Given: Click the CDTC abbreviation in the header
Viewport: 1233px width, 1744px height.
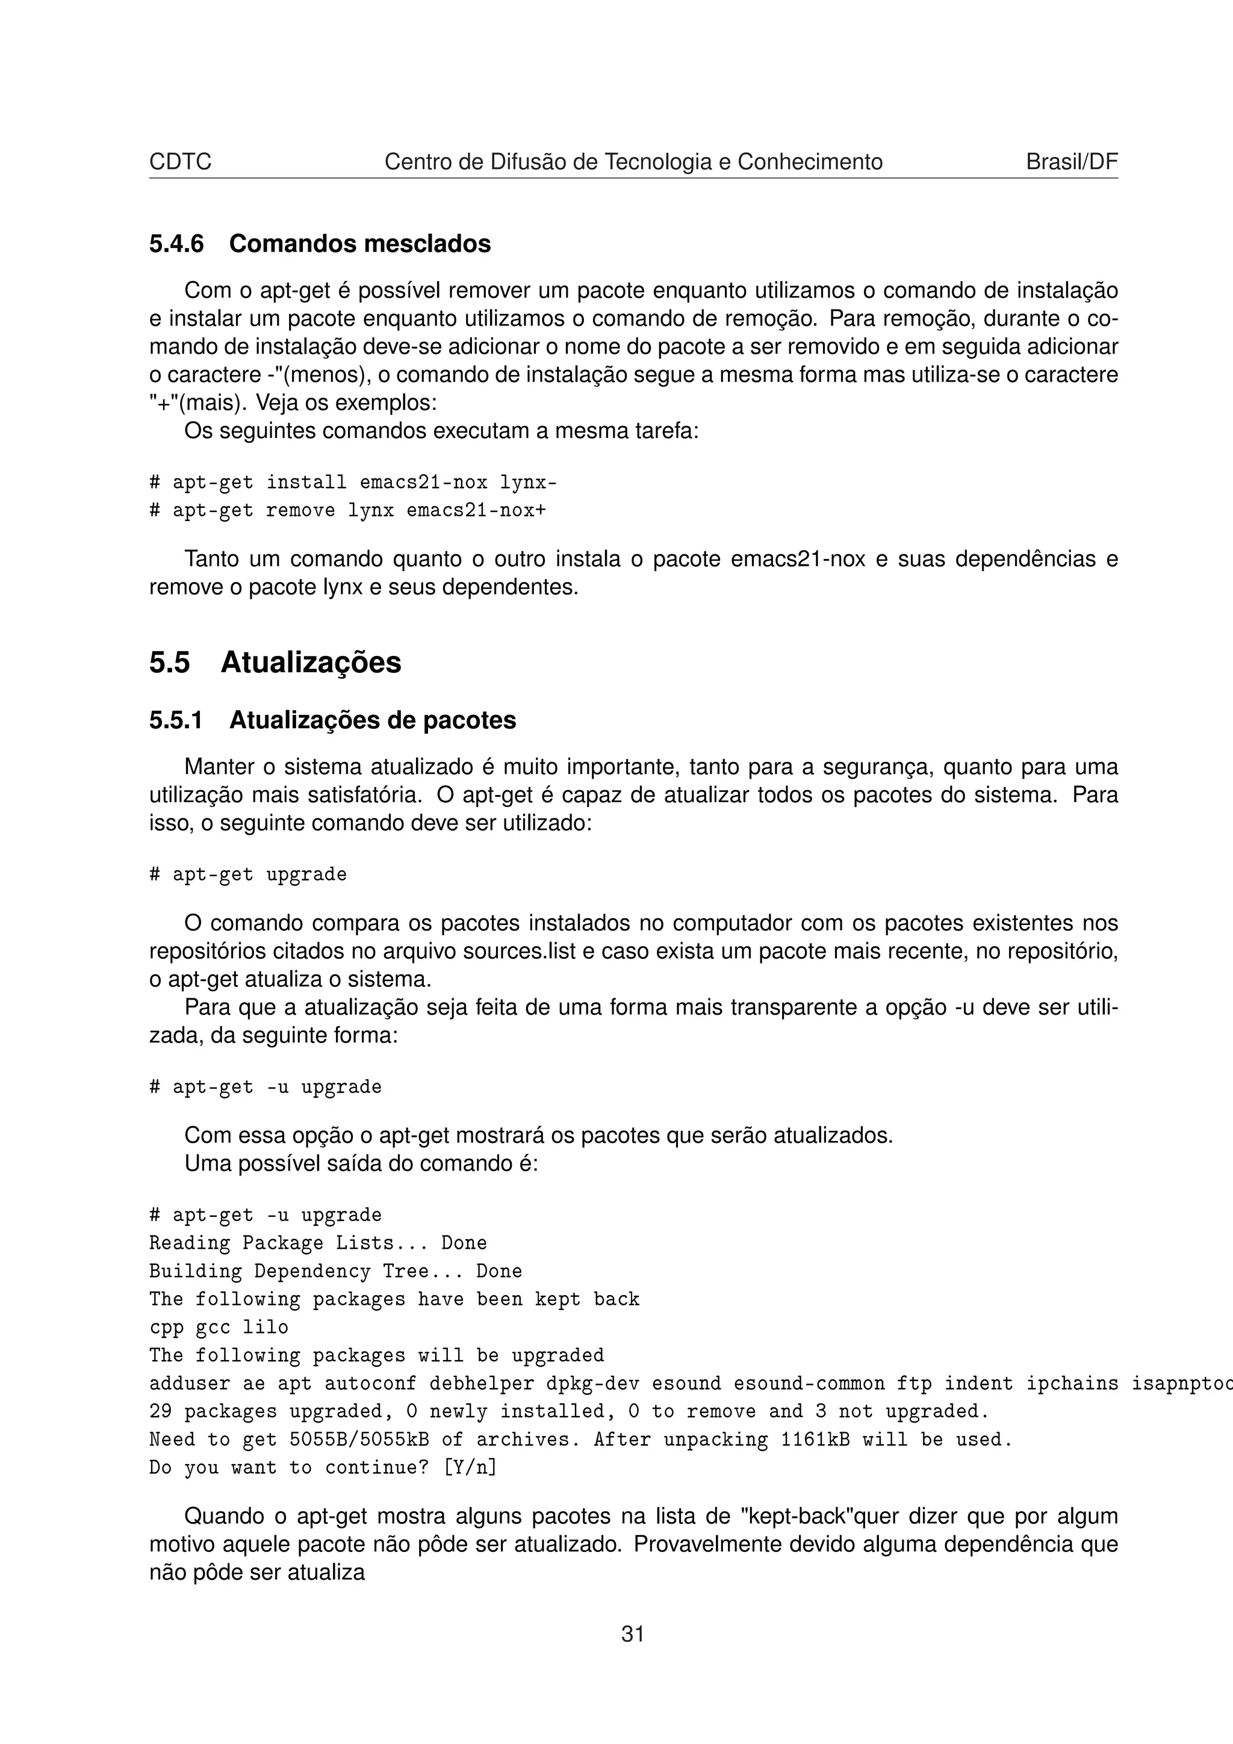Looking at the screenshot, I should [180, 162].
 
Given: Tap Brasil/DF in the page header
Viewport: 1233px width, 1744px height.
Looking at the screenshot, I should [1071, 162].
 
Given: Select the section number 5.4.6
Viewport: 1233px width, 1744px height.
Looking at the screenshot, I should [176, 244].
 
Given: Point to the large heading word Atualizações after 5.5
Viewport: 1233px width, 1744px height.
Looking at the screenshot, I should [311, 663].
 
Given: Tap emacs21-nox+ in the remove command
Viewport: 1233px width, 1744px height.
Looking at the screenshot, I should [476, 510].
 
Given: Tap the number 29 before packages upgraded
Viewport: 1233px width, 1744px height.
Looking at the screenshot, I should [160, 1411].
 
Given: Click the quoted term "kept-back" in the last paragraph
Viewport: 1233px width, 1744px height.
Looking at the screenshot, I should [794, 1516].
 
